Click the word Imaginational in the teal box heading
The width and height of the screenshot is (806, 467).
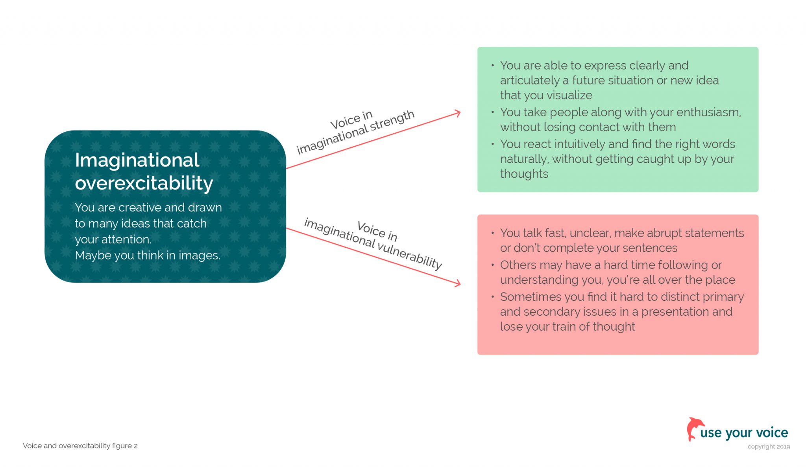[137, 160]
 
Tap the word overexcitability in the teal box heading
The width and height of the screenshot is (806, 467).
[144, 183]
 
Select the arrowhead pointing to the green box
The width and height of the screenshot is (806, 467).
[457, 114]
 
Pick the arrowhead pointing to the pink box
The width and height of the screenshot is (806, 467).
[457, 283]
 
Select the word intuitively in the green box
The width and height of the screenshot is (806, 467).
[580, 144]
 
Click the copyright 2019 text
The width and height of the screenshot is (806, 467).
[768, 447]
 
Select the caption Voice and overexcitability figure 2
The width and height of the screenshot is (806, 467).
[80, 446]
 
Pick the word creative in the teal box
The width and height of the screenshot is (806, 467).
[140, 208]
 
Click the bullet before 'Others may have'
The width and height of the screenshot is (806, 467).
[492, 265]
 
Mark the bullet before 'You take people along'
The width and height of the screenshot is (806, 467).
[492, 112]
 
